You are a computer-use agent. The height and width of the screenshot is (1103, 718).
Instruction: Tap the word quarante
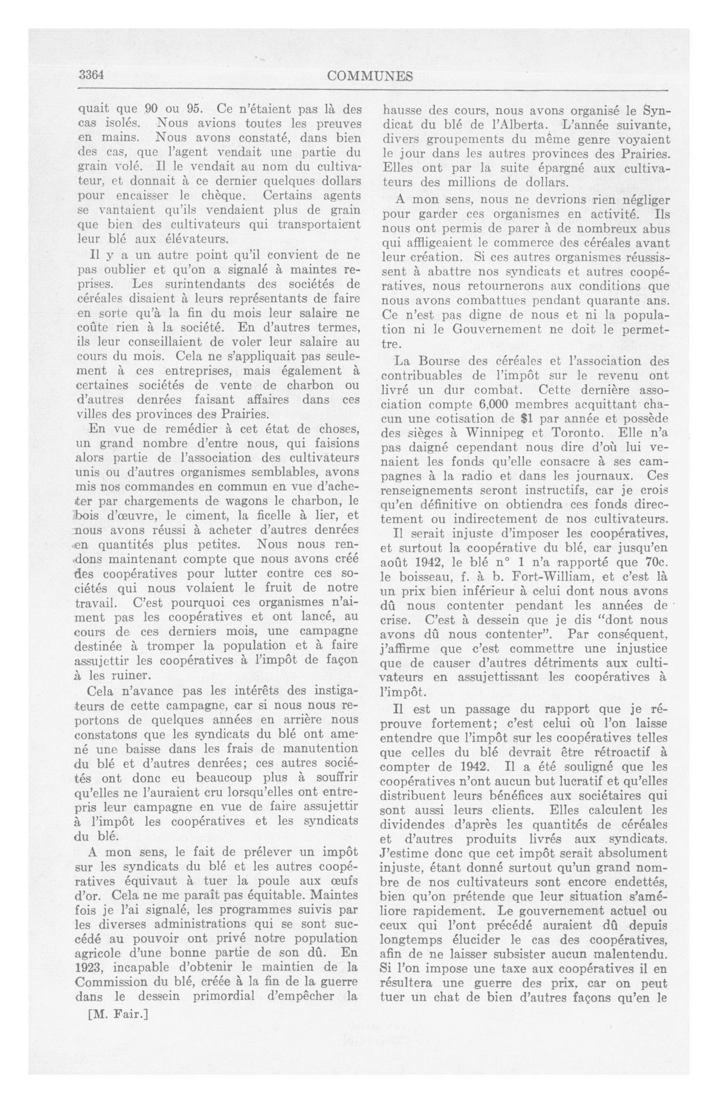point(611,300)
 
